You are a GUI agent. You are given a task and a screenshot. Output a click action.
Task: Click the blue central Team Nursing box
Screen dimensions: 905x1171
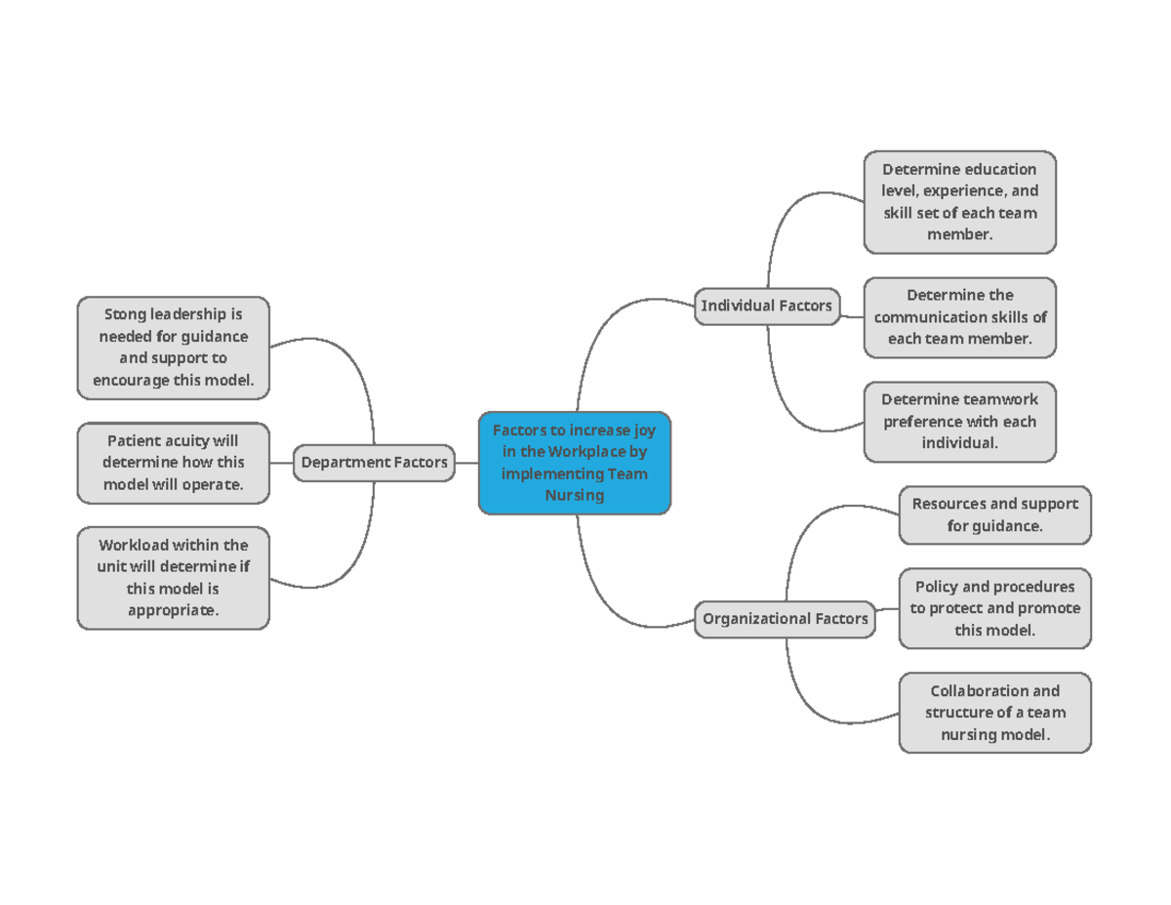(x=575, y=463)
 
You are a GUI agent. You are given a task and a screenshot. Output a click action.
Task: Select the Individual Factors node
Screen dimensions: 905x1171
(x=766, y=306)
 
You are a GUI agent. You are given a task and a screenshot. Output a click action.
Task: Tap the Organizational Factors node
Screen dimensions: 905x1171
(x=786, y=619)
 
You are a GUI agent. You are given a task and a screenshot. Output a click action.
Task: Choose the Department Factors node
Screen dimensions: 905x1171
(x=375, y=462)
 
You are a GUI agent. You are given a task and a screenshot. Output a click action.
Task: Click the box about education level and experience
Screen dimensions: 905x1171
(x=959, y=202)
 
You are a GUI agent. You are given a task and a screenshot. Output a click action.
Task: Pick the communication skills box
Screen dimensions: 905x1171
(x=959, y=317)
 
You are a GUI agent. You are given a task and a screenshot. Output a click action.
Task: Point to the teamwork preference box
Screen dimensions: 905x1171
(x=959, y=421)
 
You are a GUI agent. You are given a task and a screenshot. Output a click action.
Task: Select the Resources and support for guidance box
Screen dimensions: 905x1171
(x=994, y=514)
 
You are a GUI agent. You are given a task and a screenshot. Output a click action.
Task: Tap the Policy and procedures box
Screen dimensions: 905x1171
(x=994, y=608)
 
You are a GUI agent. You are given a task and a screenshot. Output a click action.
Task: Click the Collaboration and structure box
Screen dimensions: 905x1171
(x=994, y=713)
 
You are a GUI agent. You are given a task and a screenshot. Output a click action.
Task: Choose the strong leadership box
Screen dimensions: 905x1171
(x=173, y=348)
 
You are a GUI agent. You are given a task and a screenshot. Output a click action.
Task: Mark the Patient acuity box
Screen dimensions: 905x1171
(x=173, y=463)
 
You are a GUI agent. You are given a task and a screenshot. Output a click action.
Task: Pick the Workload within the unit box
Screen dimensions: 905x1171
(x=173, y=577)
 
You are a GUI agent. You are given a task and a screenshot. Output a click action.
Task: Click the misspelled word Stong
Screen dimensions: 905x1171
(x=123, y=314)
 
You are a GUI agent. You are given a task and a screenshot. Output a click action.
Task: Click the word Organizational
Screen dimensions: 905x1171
(x=755, y=619)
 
